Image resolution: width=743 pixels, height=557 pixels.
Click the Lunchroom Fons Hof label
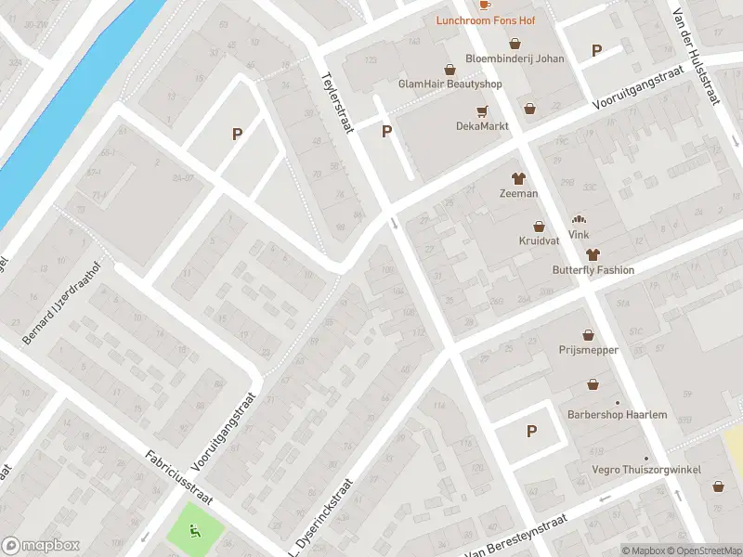tap(493, 19)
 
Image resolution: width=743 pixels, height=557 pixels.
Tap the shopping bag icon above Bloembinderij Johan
tap(515, 44)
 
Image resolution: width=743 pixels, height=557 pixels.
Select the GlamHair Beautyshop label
tap(450, 84)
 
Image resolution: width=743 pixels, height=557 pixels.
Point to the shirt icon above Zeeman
tap(518, 178)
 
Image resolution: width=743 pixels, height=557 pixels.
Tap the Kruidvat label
tap(538, 240)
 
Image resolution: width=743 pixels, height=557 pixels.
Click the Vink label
tap(580, 235)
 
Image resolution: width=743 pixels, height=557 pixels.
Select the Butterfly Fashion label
tap(592, 270)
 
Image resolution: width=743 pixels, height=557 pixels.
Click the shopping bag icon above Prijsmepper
tap(589, 335)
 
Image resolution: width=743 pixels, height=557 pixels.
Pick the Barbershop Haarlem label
tap(618, 414)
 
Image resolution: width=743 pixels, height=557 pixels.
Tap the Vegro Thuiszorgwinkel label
tap(646, 470)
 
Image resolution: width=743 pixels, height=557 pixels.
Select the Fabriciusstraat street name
tap(179, 478)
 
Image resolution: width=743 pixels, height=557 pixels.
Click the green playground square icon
tap(195, 532)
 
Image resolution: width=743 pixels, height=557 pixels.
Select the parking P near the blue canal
tap(237, 135)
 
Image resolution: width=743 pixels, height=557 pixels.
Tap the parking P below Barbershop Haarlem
tap(531, 431)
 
